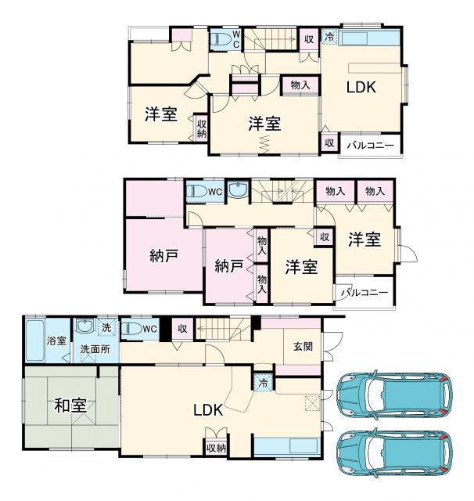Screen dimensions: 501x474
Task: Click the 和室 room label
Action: (70, 405)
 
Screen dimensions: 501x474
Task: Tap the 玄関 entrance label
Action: (303, 347)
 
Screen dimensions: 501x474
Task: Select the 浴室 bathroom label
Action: (56, 341)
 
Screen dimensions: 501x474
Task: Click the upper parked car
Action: (394, 394)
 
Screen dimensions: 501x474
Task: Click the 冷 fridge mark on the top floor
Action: (329, 37)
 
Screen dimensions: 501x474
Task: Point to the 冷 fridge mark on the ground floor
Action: (263, 383)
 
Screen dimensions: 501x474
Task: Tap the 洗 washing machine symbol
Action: (105, 327)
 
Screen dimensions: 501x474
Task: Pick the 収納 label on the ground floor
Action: (217, 448)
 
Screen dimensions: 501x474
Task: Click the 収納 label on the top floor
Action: (201, 128)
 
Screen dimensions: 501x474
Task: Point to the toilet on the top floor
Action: (222, 38)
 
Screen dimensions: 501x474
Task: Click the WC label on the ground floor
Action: (149, 330)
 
